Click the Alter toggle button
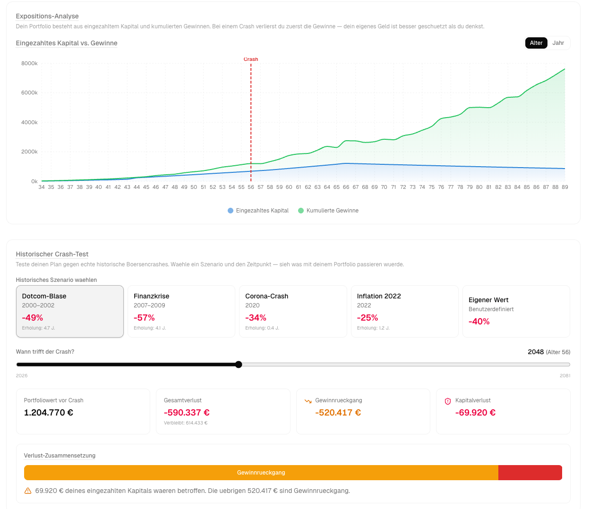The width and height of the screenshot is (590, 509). tap(536, 43)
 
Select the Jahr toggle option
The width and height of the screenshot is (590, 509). tap(558, 43)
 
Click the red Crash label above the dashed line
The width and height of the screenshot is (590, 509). tap(251, 59)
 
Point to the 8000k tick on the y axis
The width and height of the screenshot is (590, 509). tap(29, 63)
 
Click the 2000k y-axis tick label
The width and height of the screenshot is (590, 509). tap(29, 152)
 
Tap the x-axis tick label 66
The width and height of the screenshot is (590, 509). tap(346, 187)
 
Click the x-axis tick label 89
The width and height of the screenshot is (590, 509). tap(564, 187)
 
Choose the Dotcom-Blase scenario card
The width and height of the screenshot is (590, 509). tap(70, 311)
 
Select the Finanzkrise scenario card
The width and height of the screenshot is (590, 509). tap(181, 311)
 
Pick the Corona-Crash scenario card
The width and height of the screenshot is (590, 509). tap(293, 311)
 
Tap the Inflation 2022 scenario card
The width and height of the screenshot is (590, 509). tap(404, 311)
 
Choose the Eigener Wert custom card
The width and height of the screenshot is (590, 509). tap(516, 311)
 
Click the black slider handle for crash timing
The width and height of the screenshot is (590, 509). tap(239, 365)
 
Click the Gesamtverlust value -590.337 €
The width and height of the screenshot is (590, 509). tap(187, 413)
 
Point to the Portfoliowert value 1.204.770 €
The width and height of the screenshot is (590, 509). tap(49, 413)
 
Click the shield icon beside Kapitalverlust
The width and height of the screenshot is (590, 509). tap(448, 401)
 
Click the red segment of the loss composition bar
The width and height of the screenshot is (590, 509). tap(530, 473)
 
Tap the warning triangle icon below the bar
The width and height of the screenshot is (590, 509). tap(28, 491)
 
